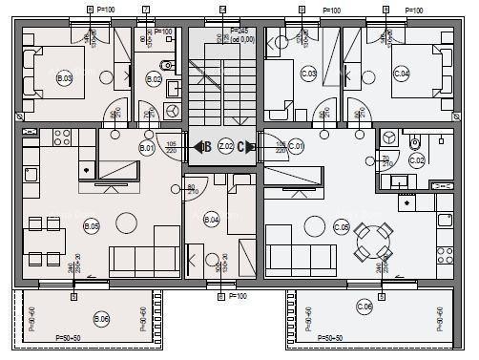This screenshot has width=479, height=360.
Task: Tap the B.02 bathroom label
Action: coord(155,79)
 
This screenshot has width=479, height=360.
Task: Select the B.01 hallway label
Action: coord(147,149)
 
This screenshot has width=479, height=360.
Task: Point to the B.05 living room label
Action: coord(92,226)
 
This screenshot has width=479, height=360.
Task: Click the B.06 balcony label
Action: coord(101,318)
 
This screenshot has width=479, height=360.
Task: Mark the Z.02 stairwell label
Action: coord(225,147)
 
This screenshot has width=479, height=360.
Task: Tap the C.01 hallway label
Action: coord(296,146)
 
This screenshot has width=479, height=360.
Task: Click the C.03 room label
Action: coord(309,74)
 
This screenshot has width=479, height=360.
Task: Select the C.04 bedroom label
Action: coord(401,74)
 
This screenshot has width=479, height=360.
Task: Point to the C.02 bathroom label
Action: coord(416,159)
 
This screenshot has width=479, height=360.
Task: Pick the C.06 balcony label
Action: coord(364,307)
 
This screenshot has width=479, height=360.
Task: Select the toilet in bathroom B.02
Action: coord(167,66)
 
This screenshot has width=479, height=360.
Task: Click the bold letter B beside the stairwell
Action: coord(206,147)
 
